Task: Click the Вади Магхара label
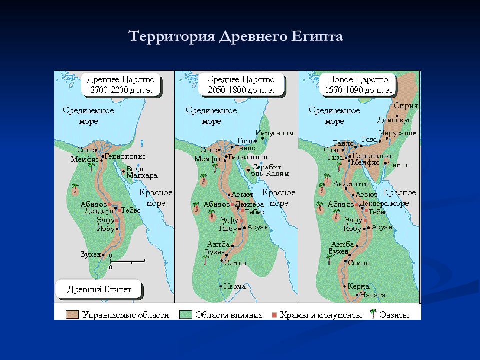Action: tap(141, 172)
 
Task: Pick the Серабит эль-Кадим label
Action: tap(267, 170)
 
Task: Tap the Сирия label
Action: tap(405, 106)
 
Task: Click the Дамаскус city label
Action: tap(394, 121)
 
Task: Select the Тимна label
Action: tap(400, 165)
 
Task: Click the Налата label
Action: tap(373, 295)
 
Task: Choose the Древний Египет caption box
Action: tap(99, 289)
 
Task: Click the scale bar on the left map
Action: tap(127, 261)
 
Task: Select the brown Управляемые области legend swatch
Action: tap(73, 315)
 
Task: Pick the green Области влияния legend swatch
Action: tap(185, 315)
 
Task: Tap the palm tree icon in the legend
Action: tap(372, 314)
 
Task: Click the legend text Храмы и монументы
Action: tap(321, 315)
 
